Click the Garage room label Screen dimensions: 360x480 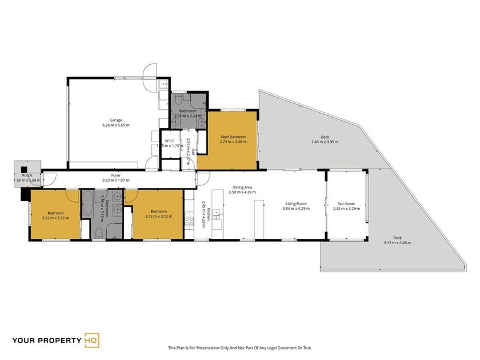(116, 120)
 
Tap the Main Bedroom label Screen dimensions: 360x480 (232, 137)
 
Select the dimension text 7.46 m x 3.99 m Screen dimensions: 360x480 (325, 142)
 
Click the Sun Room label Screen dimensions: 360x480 (346, 204)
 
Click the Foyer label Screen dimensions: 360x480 (116, 176)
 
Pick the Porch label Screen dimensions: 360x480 (27, 175)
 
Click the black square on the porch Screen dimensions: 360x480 (24, 169)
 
